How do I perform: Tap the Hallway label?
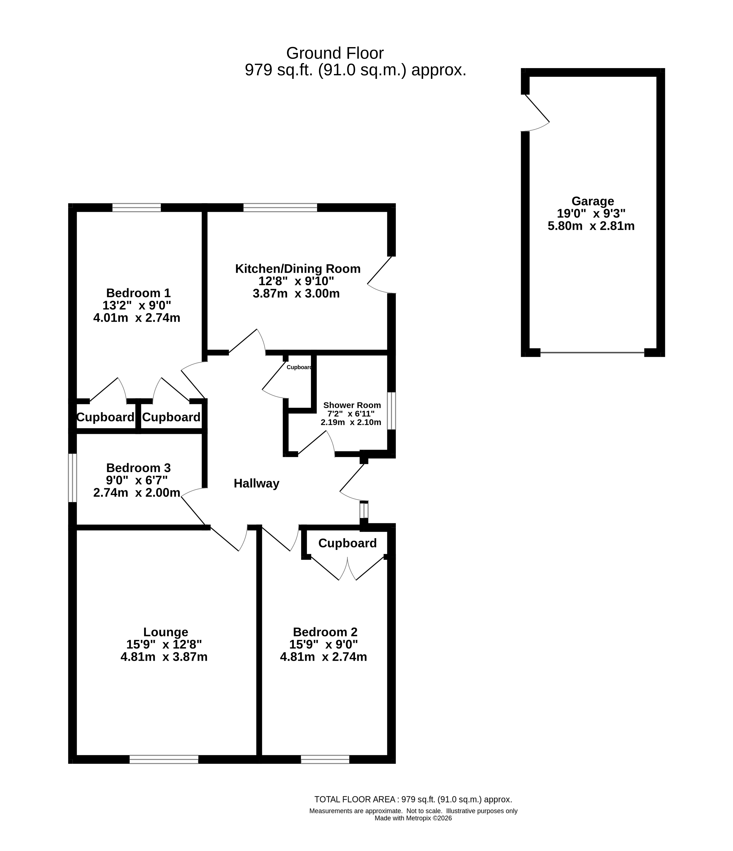257,483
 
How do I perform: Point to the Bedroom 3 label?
138,468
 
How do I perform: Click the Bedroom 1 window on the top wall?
137,207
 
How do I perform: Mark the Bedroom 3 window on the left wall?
72,478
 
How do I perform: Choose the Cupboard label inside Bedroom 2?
347,543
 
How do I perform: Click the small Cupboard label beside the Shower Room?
299,367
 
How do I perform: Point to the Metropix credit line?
413,826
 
